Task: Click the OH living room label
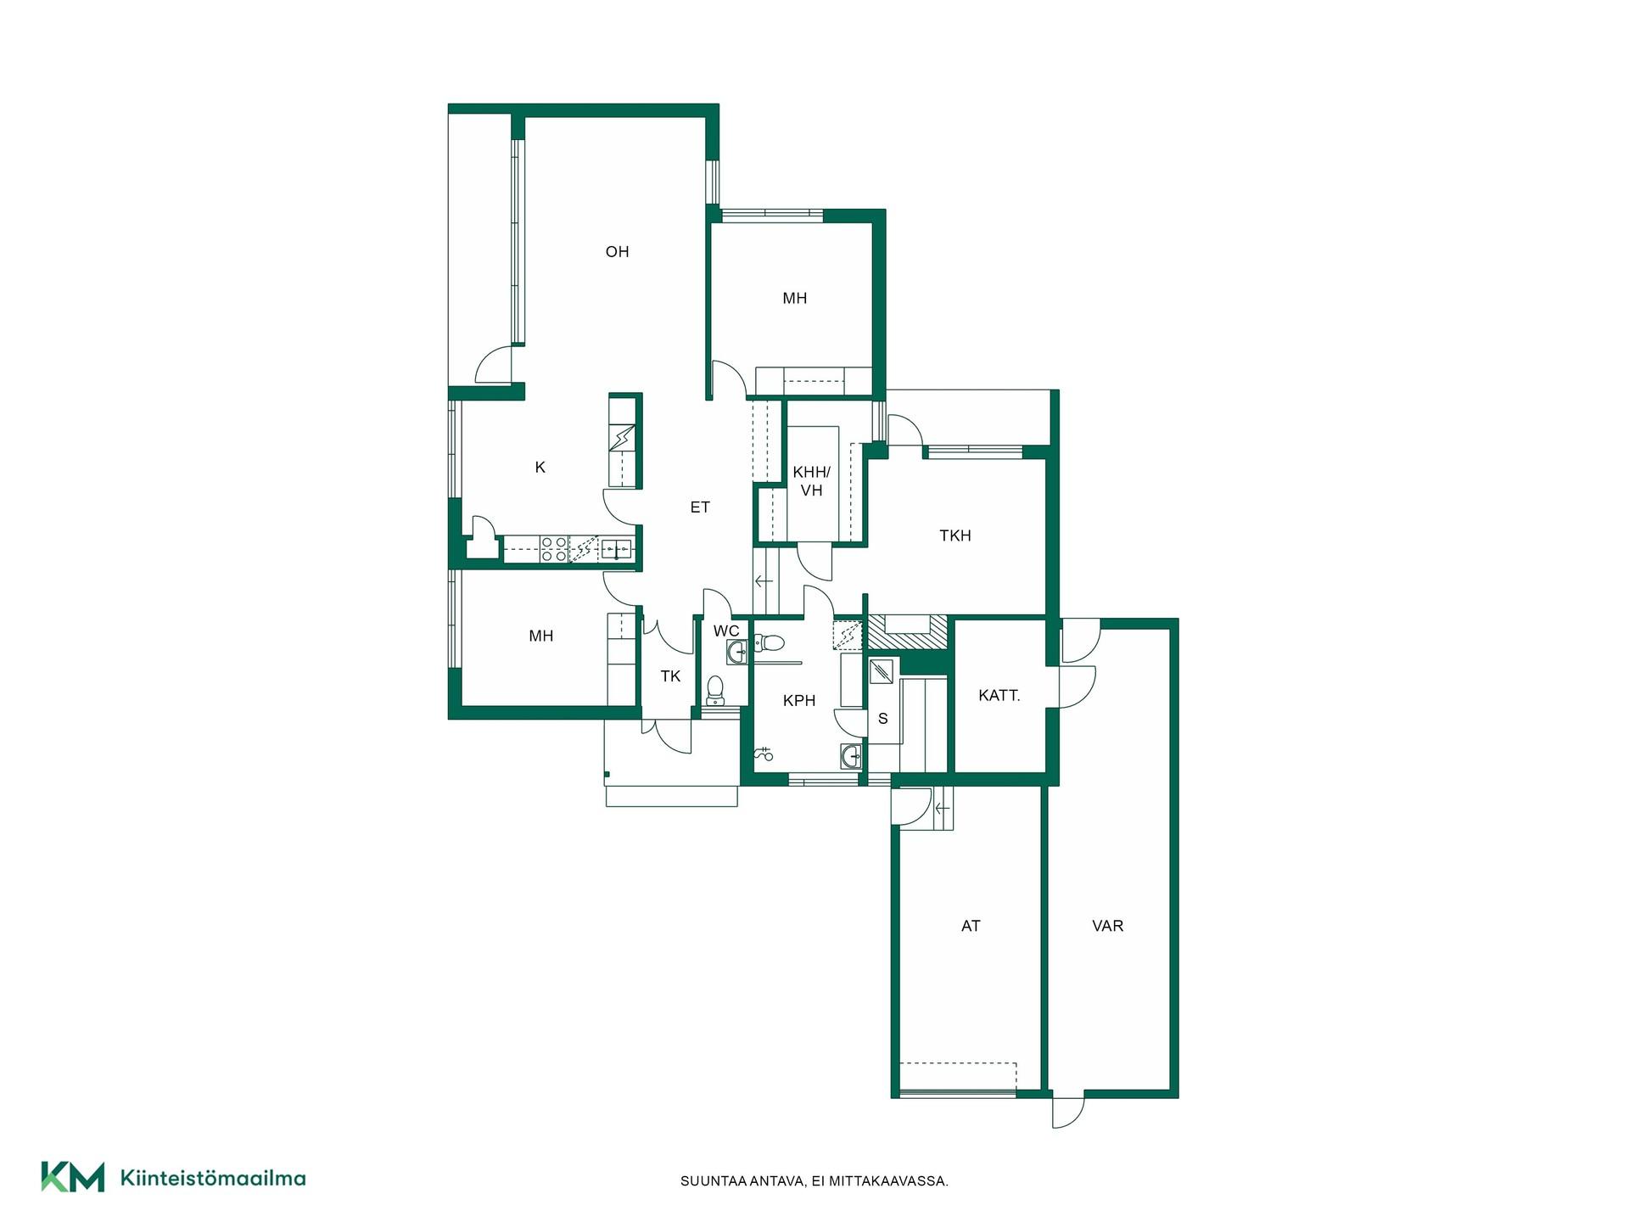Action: click(x=617, y=251)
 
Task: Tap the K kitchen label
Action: click(x=540, y=467)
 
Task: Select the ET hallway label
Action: click(x=700, y=507)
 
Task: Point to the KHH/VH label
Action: click(x=812, y=480)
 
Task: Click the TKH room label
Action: click(x=955, y=535)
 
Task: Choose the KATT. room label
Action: click(x=999, y=695)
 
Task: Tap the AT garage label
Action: click(x=971, y=926)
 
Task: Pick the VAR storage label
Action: click(x=1108, y=926)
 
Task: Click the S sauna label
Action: click(x=883, y=719)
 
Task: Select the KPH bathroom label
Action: click(x=799, y=700)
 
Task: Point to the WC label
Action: click(x=726, y=631)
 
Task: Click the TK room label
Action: click(x=670, y=676)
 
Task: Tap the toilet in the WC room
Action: click(x=716, y=691)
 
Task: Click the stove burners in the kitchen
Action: click(x=554, y=549)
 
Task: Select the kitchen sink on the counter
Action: click(x=616, y=549)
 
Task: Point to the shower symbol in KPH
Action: click(x=764, y=753)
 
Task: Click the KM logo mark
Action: click(x=73, y=1177)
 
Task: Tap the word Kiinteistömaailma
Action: click(x=213, y=1178)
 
